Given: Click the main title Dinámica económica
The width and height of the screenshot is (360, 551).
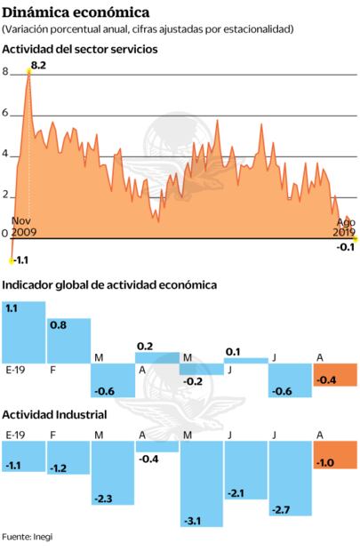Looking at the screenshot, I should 76,12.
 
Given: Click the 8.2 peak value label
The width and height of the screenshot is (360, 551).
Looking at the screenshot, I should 38,66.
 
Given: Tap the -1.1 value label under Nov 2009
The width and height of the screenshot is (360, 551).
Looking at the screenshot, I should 20,260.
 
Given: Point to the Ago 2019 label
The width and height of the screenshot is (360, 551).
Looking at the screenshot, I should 345,227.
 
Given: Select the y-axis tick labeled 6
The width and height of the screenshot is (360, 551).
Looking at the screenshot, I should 5,114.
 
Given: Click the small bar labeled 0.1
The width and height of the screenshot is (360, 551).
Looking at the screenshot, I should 246,360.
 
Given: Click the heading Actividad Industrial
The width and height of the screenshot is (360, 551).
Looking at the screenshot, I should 55,414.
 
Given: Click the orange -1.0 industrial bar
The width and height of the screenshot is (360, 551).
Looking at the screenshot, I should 335,454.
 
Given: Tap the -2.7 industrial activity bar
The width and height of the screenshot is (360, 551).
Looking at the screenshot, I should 291,478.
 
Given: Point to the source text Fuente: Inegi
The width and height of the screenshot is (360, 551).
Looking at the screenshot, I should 28,538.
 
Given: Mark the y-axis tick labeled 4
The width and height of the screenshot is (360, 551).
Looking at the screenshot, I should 5,155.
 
